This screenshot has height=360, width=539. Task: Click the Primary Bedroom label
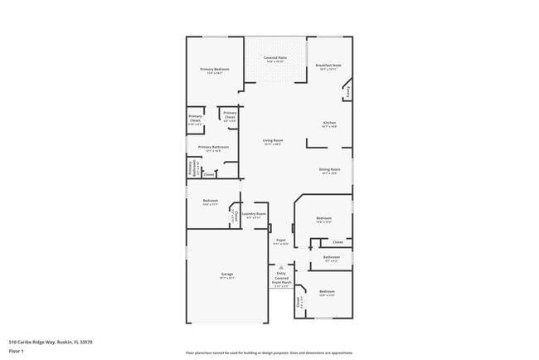[214, 70]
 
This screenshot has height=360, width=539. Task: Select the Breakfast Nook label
[329, 67]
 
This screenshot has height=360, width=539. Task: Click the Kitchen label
[329, 124]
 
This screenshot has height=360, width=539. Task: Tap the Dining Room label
[329, 170]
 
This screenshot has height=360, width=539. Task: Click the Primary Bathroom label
[213, 148]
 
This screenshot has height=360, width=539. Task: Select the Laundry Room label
[255, 215]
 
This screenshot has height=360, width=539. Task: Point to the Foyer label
[281, 241]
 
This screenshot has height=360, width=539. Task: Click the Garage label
[226, 275]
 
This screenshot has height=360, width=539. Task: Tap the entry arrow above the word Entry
[281, 267]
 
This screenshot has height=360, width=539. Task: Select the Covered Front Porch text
[282, 280]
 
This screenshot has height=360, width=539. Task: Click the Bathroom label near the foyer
[332, 258]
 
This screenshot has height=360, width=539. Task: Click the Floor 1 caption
[17, 351]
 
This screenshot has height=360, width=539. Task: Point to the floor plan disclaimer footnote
[269, 353]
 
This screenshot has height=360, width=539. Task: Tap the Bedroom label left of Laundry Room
[211, 202]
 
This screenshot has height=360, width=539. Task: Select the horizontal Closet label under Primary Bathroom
[209, 174]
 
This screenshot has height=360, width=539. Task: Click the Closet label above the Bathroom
[337, 242]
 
